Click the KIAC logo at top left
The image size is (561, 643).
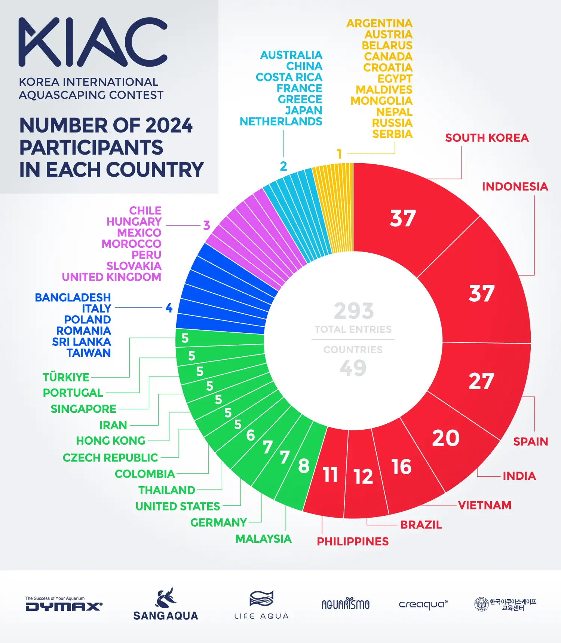tap(93, 42)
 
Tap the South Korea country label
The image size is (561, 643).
tap(487, 138)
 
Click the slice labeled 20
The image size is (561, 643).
tap(446, 438)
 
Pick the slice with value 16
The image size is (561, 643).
tap(401, 467)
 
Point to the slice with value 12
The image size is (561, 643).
tap(363, 476)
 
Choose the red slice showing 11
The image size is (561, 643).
tap(330, 475)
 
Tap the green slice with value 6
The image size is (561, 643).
tap(251, 435)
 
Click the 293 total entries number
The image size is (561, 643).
tap(353, 311)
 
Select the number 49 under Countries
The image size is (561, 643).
tap(353, 368)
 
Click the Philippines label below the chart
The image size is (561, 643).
tap(353, 541)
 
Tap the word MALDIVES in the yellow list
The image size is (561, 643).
tap(384, 90)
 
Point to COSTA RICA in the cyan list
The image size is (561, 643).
tap(289, 77)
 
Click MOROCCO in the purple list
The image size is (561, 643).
tap(131, 244)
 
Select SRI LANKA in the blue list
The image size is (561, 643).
tap(82, 342)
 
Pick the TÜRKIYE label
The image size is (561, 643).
tap(66, 377)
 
